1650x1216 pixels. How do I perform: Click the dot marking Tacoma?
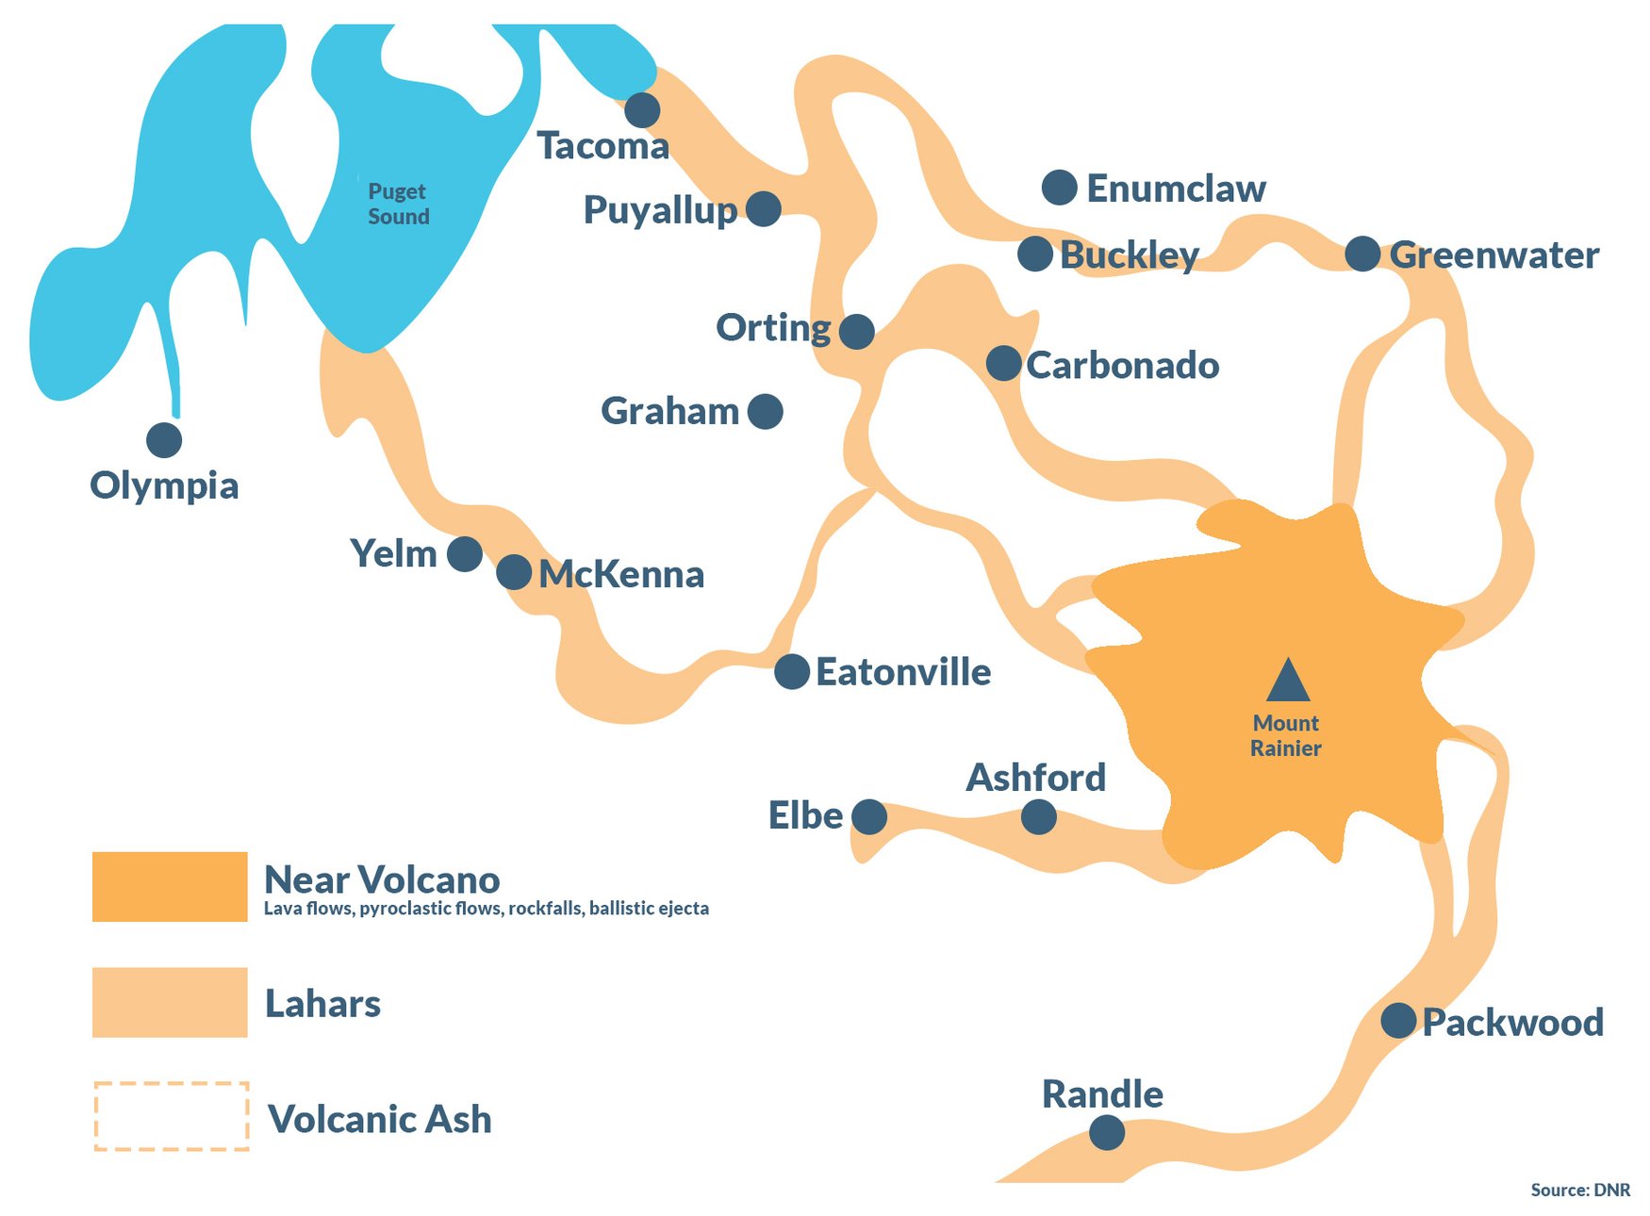pos(642,110)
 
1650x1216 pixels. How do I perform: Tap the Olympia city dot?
pos(164,439)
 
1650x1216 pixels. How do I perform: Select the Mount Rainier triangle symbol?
pos(1288,682)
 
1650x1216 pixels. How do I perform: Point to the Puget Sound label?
pos(398,204)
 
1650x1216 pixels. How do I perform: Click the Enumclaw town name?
pos(1176,189)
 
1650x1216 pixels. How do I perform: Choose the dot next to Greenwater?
pos(1362,254)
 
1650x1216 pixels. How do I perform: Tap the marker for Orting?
pos(856,332)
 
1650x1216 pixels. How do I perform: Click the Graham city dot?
pos(765,411)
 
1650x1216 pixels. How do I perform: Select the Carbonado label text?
pos(1122,366)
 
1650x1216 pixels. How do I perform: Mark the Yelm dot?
pos(465,553)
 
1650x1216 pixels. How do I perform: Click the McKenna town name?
pos(621,574)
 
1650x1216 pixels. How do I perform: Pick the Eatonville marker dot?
pos(792,671)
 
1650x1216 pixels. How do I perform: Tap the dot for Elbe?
pos(869,816)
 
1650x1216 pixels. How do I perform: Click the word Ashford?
pos(1035,778)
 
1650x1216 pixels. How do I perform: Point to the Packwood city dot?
pos(1398,1020)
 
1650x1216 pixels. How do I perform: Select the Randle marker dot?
pos(1107,1132)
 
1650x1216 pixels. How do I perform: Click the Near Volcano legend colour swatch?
pos(170,887)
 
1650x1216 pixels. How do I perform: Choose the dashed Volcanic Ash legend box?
pos(171,1116)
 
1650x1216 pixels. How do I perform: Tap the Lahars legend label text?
pos(322,1004)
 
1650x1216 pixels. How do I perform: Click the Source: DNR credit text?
pos(1580,1190)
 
